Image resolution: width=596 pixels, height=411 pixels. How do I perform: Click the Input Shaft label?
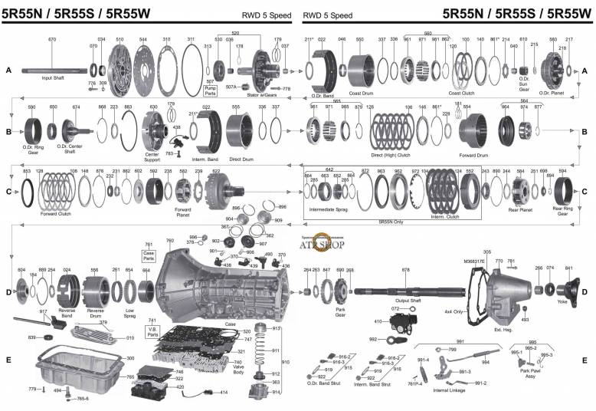pos(52,78)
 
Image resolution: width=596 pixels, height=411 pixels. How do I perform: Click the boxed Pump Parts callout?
pos(211,93)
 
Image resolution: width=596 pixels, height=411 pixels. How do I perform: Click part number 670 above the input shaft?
pos(52,39)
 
